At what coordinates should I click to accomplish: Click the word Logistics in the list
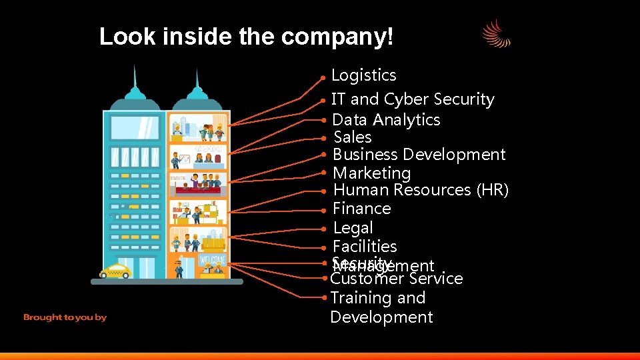[363, 75]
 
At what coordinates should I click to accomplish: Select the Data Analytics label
[386, 120]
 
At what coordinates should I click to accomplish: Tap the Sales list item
[352, 137]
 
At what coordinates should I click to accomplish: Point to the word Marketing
[371, 173]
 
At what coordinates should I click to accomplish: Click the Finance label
[361, 209]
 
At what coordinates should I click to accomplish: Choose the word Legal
[353, 228]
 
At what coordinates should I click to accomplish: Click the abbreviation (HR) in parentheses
[493, 190]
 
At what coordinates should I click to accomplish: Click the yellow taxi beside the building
[115, 271]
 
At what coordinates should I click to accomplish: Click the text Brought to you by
[65, 317]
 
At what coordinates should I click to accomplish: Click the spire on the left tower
[135, 80]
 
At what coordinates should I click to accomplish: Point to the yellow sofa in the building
[213, 245]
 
